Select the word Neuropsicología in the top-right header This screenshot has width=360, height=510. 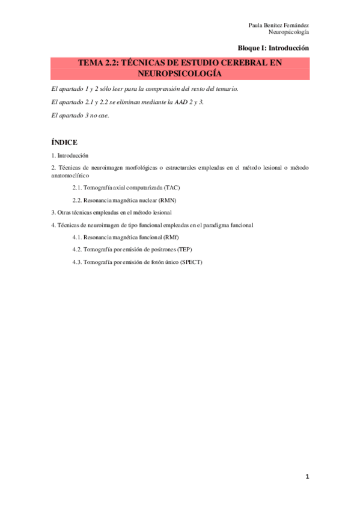[x=288, y=32]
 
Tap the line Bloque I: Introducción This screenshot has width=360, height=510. [x=273, y=48]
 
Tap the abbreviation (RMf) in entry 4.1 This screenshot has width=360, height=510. [x=169, y=238]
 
